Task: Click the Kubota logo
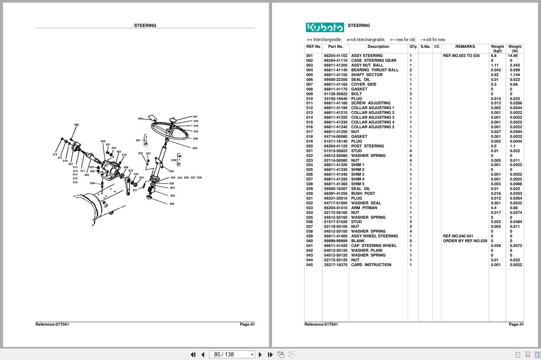[x=325, y=27]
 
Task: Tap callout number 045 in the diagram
[x=140, y=119]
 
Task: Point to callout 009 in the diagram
[x=76, y=125]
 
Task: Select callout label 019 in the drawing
[x=55, y=154]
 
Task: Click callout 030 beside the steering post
[x=195, y=148]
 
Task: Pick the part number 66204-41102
[x=335, y=56]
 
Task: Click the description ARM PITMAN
[x=364, y=208]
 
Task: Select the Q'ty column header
[x=413, y=47]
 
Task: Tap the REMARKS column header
[x=465, y=47]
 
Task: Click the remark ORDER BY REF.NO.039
[x=465, y=241]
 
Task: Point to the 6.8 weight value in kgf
[x=494, y=56]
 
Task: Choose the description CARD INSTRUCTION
[x=371, y=265]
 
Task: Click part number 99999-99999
[x=335, y=241]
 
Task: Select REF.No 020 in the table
[x=309, y=146]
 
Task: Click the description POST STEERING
[x=367, y=146]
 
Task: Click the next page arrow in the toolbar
[x=260, y=354]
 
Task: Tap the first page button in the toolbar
[x=193, y=354]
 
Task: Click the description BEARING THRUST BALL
[x=375, y=70]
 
